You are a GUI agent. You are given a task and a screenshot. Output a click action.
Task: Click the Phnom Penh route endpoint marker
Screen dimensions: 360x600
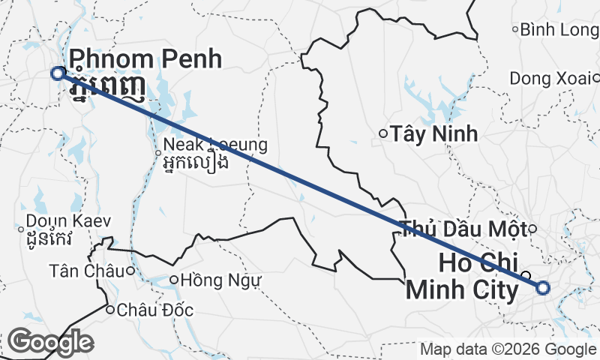click(58, 73)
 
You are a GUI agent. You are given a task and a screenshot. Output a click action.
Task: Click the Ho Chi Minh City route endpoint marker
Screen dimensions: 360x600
click(543, 286)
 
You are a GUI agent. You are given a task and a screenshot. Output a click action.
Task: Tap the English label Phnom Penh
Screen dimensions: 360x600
click(145, 58)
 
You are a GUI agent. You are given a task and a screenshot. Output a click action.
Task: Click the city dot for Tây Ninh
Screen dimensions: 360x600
click(382, 134)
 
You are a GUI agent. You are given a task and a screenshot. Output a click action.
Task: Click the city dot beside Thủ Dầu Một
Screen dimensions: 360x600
click(532, 229)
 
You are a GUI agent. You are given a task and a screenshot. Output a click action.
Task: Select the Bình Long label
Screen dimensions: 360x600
click(559, 29)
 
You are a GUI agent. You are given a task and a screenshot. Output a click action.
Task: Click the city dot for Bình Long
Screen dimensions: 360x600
click(515, 29)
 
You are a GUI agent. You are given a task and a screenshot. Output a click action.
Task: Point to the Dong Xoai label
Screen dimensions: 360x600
click(550, 77)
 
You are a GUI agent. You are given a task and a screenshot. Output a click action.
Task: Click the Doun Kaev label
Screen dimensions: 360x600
click(68, 221)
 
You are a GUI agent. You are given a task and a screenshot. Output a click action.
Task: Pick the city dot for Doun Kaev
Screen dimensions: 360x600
click(20, 229)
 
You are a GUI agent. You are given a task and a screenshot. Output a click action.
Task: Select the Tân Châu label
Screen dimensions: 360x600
click(87, 270)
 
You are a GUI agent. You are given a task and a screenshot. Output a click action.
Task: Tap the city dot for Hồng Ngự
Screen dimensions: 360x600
click(173, 280)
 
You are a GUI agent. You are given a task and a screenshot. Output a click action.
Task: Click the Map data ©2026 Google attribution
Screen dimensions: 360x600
click(507, 349)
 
